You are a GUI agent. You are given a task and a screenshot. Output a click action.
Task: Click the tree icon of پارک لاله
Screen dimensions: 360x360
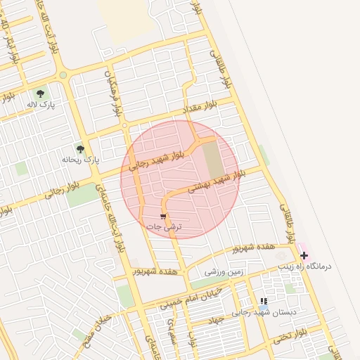(40, 92)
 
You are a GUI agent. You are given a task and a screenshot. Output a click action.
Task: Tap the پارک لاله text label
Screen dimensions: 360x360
(40, 104)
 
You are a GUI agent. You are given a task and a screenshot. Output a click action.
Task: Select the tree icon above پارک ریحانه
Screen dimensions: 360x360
(81, 149)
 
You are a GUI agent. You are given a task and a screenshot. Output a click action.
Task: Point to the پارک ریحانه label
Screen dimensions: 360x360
(82, 160)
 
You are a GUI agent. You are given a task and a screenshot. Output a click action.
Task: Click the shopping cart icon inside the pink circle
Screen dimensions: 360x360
(163, 217)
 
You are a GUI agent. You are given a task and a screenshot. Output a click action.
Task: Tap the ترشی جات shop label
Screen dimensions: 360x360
(164, 227)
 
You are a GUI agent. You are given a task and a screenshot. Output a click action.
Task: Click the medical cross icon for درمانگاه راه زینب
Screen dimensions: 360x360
(304, 256)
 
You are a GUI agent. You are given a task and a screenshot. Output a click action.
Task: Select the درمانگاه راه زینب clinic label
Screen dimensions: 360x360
(324, 267)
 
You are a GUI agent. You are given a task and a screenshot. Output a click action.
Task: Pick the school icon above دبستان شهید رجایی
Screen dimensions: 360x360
(264, 301)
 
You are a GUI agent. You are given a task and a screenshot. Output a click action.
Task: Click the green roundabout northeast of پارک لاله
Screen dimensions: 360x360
(63, 75)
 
